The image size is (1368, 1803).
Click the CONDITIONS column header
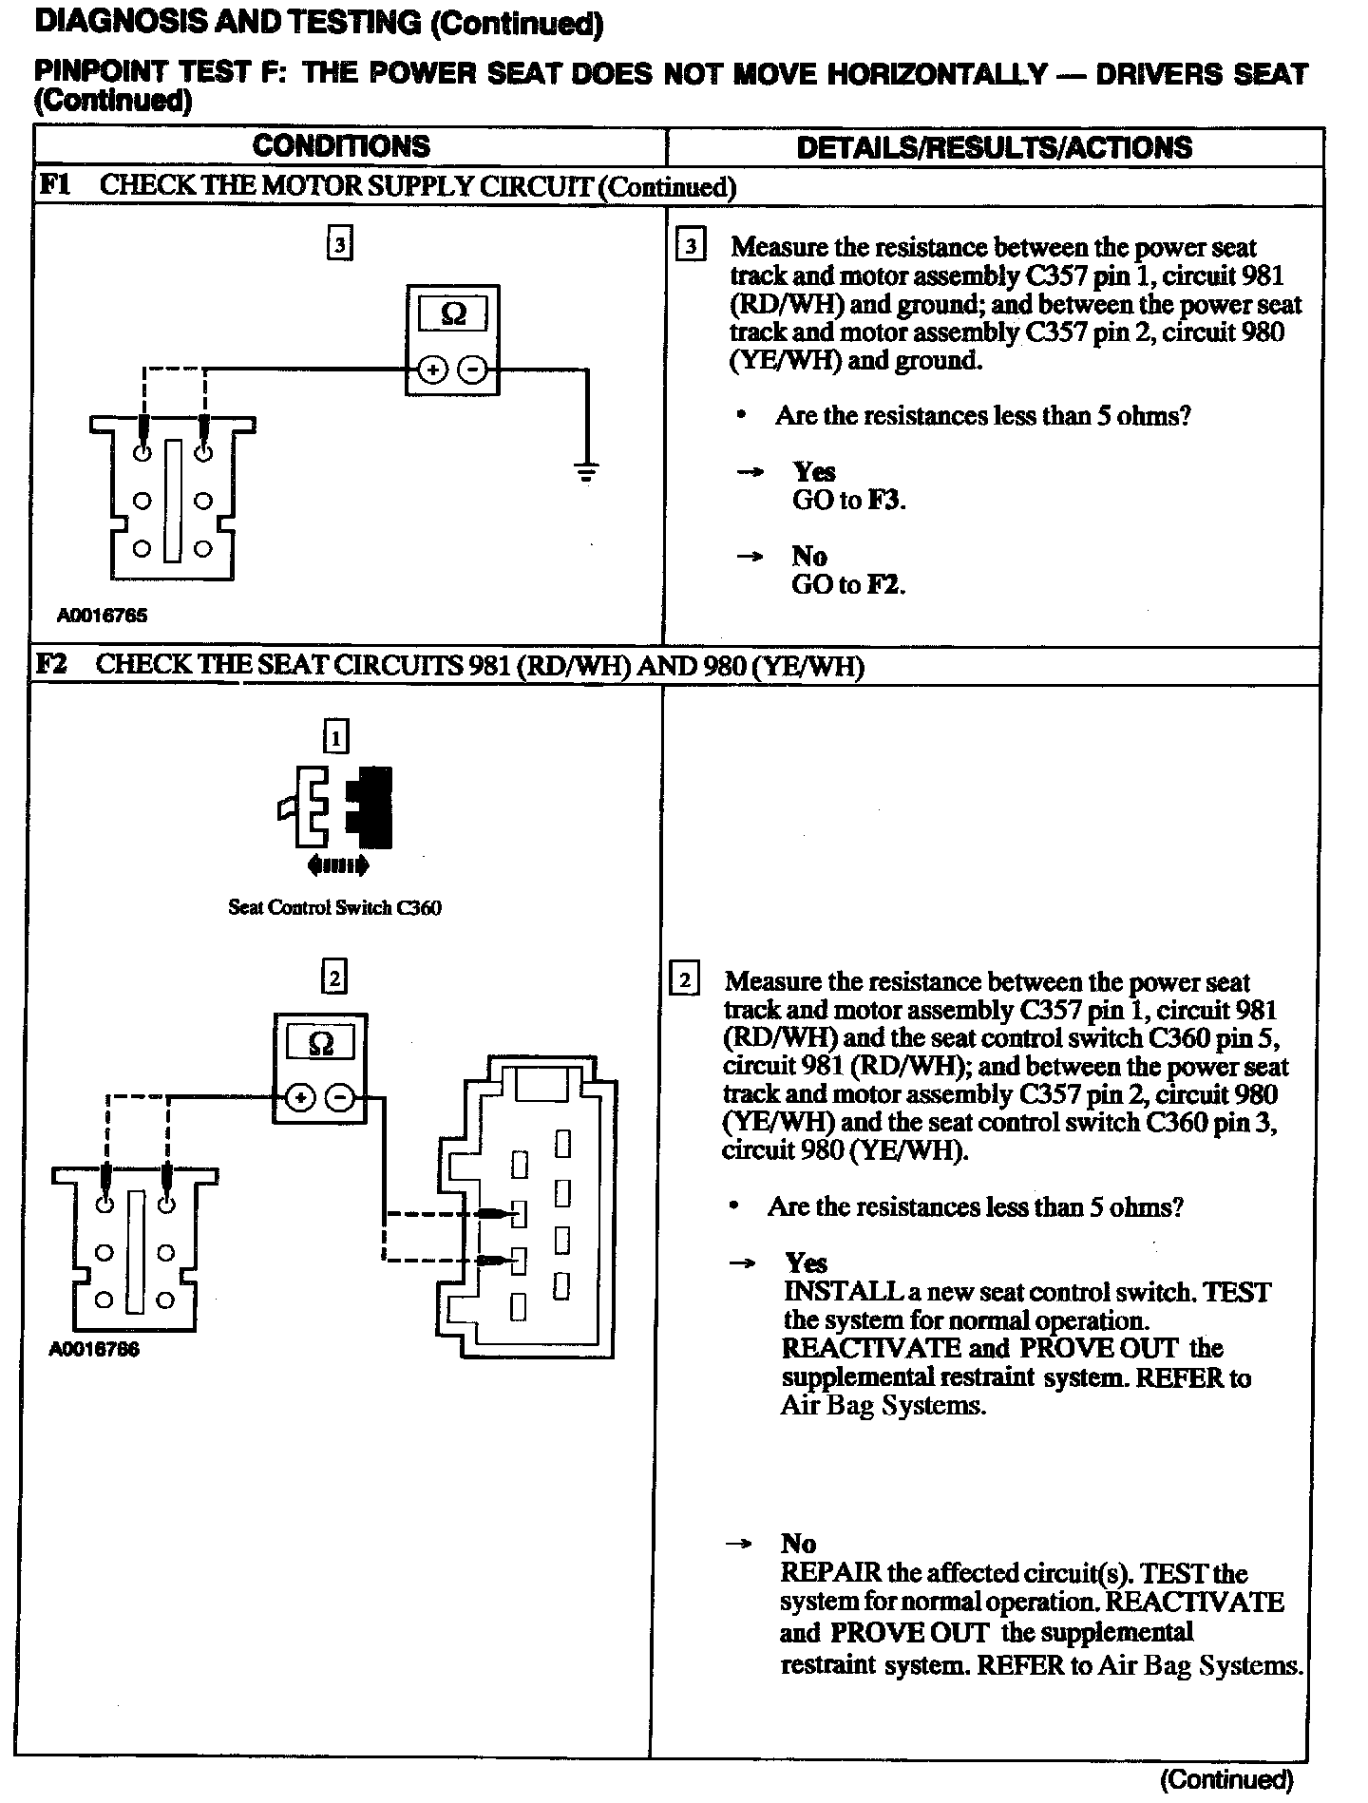coord(341,146)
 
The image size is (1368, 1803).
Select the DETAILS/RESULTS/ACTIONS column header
coord(994,147)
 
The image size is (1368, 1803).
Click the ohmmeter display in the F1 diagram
coord(453,313)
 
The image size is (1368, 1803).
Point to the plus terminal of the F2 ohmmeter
coord(300,1099)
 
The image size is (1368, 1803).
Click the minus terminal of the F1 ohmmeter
coord(471,370)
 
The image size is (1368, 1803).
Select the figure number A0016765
coord(103,616)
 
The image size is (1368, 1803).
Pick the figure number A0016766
coord(94,1349)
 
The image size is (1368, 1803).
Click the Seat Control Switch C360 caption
coord(334,907)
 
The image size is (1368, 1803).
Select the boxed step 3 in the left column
coord(339,244)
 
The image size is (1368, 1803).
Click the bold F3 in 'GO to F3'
coord(883,501)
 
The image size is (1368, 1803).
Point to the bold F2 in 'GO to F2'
coord(883,584)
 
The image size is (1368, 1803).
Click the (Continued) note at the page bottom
coord(1226,1778)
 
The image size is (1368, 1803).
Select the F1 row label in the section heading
coord(54,185)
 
